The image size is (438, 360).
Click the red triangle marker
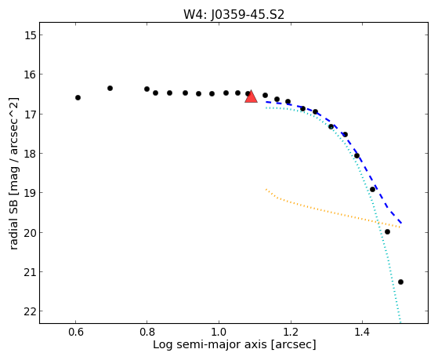click(x=251, y=96)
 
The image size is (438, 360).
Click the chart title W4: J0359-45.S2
click(x=233, y=14)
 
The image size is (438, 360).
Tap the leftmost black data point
click(x=78, y=97)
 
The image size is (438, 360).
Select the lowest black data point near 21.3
click(x=400, y=282)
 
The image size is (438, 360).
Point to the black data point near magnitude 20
click(x=387, y=232)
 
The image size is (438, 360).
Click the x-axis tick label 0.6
click(x=76, y=332)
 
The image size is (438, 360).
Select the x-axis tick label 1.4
click(x=362, y=332)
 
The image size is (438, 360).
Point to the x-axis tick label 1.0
click(x=219, y=332)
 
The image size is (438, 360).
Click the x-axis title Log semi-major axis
click(x=210, y=344)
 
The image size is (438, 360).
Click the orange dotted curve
click(x=330, y=212)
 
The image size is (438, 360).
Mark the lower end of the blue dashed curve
click(x=401, y=223)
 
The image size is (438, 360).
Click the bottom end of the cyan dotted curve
click(x=400, y=322)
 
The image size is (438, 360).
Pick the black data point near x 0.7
click(x=110, y=88)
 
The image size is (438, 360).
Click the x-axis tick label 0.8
click(x=147, y=332)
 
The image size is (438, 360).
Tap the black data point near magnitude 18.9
click(x=372, y=189)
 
